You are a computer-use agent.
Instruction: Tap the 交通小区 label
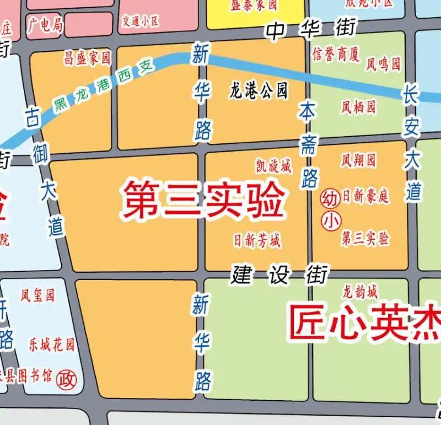140,21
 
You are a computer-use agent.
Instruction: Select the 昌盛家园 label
88,57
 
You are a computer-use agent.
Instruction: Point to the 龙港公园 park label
258,90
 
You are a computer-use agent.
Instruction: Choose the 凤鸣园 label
383,64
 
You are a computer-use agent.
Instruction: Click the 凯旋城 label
273,165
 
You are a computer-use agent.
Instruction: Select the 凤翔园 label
358,160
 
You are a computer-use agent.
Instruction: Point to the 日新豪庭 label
365,196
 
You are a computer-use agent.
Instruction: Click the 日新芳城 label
256,240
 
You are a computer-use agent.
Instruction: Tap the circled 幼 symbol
329,197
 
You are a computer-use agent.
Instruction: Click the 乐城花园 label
51,346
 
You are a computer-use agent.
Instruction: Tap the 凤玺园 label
37,295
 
